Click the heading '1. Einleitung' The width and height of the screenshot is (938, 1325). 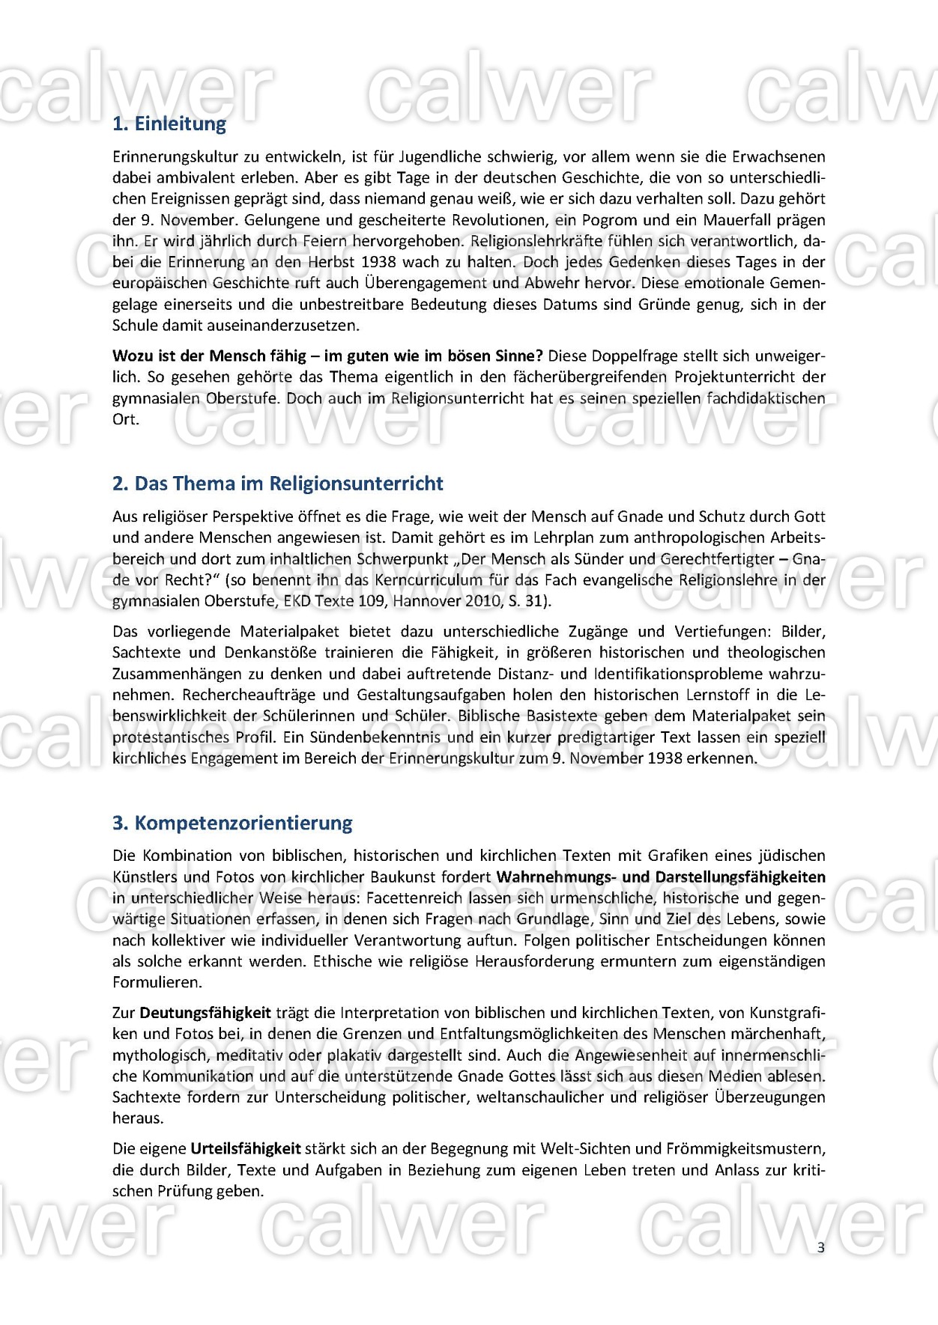(169, 124)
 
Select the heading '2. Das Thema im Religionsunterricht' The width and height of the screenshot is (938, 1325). (277, 484)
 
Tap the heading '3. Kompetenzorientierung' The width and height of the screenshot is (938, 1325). (232, 823)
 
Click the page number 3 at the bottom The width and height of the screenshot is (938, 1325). (821, 1247)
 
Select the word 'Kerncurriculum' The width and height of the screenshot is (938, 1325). (428, 579)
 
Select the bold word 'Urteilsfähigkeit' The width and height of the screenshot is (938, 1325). (246, 1148)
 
